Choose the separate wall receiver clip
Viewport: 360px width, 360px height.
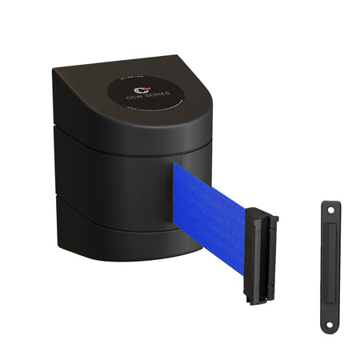click(328, 268)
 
